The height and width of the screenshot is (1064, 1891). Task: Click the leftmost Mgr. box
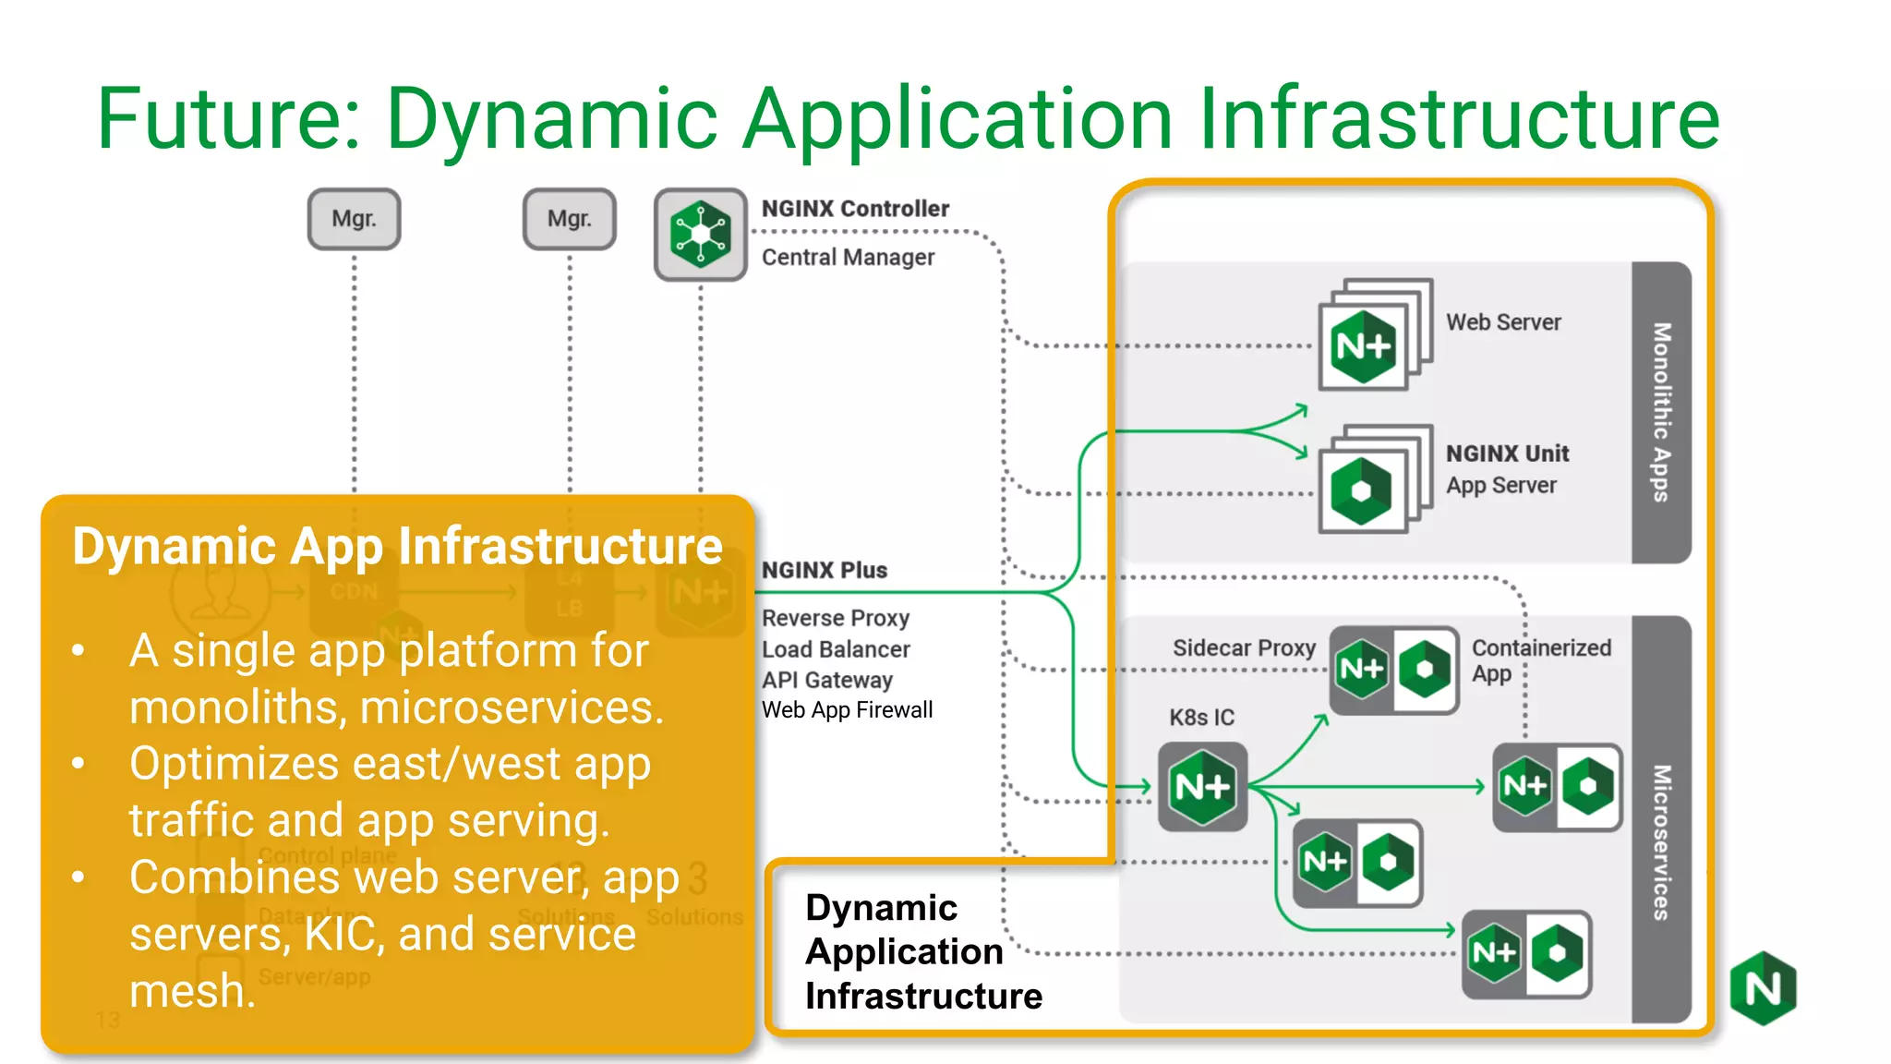point(354,219)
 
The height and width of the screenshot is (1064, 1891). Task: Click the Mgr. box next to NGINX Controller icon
point(569,219)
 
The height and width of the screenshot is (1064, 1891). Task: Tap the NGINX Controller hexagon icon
point(700,235)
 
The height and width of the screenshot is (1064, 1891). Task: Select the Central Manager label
point(848,258)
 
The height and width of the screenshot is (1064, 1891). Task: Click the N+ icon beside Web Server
point(1364,346)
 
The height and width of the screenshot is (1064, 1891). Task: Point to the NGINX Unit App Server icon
point(1362,490)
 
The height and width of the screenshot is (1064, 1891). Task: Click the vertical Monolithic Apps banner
point(1661,412)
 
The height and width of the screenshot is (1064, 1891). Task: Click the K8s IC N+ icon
point(1202,787)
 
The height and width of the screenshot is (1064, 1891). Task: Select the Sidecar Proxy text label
point(1244,648)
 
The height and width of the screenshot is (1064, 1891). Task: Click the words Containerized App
point(1540,659)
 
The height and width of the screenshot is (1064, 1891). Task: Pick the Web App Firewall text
point(847,710)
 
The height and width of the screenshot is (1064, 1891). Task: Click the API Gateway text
point(827,680)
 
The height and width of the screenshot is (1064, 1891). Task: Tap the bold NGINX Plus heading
point(824,571)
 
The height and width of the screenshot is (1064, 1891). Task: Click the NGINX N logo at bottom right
point(1763,988)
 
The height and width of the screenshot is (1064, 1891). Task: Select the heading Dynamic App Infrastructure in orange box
point(397,546)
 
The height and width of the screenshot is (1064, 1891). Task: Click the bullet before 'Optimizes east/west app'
point(79,764)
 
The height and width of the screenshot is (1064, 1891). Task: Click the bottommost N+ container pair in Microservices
point(1525,953)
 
